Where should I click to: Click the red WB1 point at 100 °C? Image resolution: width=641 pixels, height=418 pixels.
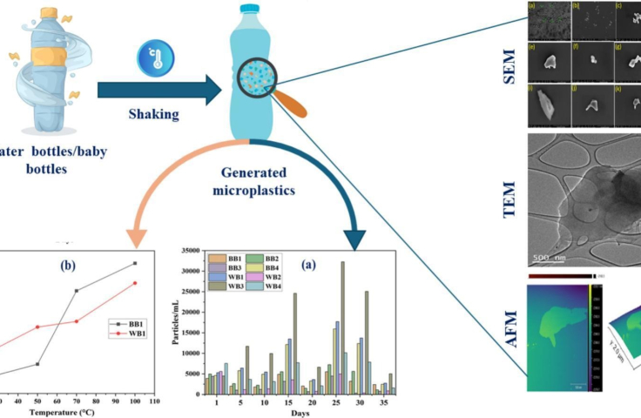coord(135,283)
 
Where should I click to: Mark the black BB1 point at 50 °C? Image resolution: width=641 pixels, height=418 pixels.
coord(37,364)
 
